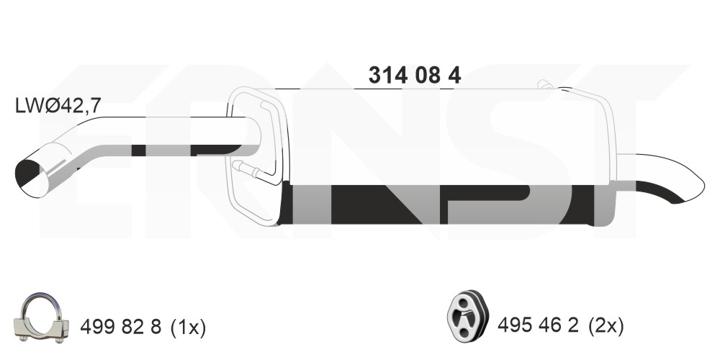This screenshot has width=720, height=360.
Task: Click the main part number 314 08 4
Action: pos(415,75)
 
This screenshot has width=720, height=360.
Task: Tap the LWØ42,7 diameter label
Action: pos(58,106)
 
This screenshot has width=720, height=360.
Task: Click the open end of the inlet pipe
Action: pos(32,178)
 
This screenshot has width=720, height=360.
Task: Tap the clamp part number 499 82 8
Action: pos(121,328)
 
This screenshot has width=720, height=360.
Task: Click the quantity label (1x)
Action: pos(188,328)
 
